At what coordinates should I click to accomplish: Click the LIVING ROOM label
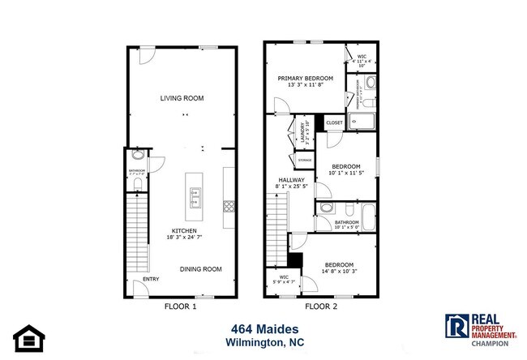(181, 98)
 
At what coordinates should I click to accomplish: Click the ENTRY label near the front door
(152, 280)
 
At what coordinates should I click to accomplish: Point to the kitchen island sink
(195, 195)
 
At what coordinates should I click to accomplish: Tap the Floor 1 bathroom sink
(137, 154)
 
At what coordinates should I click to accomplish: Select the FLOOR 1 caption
(181, 307)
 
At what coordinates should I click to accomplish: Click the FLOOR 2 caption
(321, 307)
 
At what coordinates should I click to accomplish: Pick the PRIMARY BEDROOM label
(301, 79)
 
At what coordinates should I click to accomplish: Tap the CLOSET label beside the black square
(335, 123)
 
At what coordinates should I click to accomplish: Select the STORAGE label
(305, 161)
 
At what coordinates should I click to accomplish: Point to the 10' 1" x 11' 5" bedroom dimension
(346, 173)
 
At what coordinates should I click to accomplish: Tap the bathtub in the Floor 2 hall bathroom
(369, 218)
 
